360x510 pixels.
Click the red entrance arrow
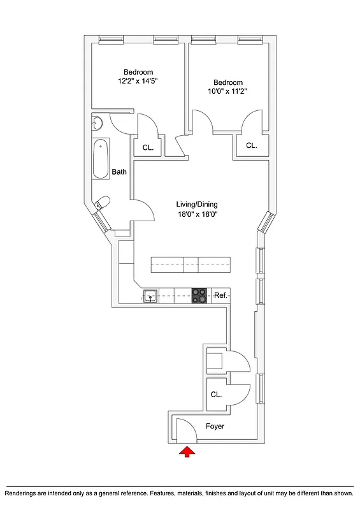tap(187, 452)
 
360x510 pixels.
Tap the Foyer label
tap(215, 426)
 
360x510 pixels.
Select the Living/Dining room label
tap(197, 205)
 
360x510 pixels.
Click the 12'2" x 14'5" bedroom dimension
tap(138, 82)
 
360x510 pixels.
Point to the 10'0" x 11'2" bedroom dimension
tap(227, 91)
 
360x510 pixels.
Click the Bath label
tap(119, 172)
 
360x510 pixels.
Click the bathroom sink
tap(97, 123)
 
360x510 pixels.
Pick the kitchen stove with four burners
tap(199, 295)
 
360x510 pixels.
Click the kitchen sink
tap(151, 295)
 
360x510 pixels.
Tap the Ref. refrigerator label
tap(220, 295)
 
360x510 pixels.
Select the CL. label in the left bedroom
tap(148, 147)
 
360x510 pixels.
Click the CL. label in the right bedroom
tap(251, 145)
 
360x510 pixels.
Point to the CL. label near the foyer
tap(216, 395)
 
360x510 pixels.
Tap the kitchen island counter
tap(190, 263)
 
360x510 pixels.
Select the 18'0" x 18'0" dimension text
tap(197, 215)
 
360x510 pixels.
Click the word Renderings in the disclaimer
tap(24, 493)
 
